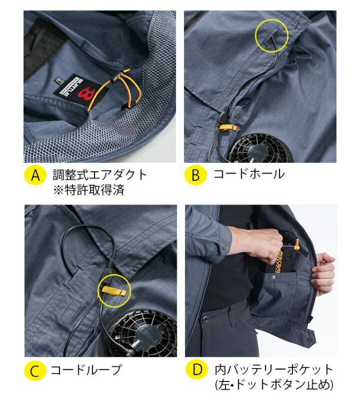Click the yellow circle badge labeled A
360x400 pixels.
tap(35, 175)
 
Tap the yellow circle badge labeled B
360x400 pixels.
tap(195, 175)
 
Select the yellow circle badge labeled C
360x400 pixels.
tap(35, 371)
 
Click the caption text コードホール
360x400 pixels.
tap(249, 174)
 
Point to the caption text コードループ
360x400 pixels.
tap(86, 370)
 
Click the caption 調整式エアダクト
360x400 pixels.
tap(100, 175)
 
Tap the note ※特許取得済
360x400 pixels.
tap(89, 190)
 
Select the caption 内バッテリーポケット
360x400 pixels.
tap(273, 370)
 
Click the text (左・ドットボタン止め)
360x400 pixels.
tap(274, 385)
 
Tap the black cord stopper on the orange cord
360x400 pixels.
tap(116, 78)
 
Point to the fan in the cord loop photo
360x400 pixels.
tap(143, 334)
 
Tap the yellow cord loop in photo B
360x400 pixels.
tap(227, 128)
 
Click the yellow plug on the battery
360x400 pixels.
tap(297, 244)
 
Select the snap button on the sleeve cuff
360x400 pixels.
tap(224, 246)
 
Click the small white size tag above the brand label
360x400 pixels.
tap(59, 80)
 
